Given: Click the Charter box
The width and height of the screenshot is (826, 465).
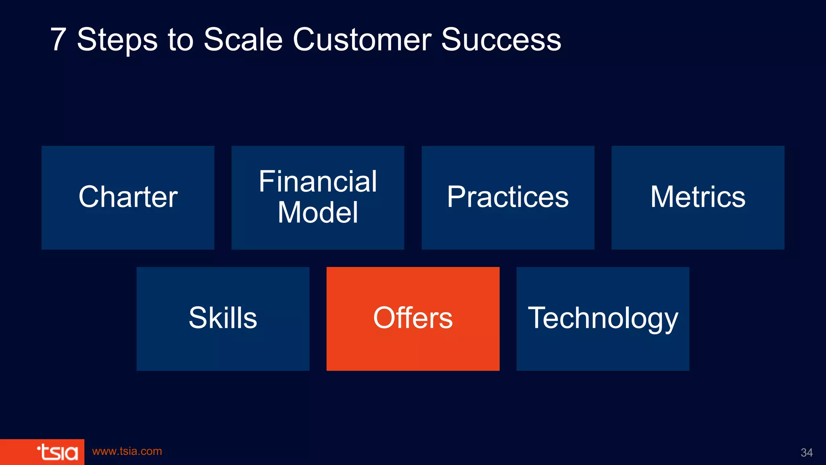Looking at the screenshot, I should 128,197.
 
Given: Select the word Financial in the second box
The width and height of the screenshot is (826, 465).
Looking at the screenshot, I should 318,181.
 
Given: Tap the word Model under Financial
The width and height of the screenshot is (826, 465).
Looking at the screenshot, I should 318,212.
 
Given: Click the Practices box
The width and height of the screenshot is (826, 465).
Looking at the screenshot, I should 508,197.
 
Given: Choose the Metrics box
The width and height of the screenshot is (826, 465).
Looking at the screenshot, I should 698,197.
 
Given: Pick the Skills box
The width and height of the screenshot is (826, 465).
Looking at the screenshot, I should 223,318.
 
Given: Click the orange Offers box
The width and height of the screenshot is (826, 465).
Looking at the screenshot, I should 413,318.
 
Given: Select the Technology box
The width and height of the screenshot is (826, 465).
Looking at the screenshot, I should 603,318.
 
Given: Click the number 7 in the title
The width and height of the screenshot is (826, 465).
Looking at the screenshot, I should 58,40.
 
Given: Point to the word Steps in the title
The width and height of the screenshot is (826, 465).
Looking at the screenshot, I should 117,40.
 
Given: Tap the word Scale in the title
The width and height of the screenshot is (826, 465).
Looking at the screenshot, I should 243,40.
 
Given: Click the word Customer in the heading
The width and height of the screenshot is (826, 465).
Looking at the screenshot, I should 362,40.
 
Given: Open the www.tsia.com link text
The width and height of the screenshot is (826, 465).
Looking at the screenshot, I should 127,451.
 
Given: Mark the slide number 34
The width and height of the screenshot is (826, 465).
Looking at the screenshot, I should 806,452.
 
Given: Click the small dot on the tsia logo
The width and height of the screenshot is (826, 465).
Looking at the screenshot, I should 38,447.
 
